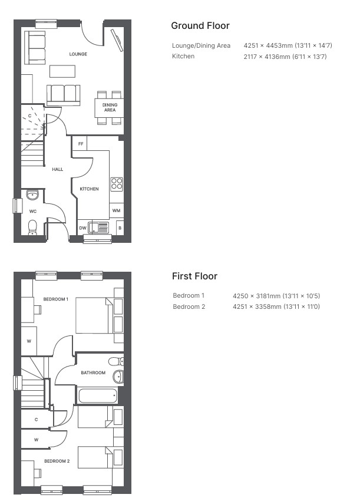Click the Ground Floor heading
[200, 25]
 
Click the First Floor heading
[194, 276]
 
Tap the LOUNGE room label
[78, 54]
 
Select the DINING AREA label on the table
[110, 107]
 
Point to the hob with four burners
[117, 184]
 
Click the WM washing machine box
[116, 210]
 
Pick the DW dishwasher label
[82, 228]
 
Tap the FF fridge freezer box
[80, 143]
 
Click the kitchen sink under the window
[98, 228]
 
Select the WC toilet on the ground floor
[32, 228]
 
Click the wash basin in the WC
[32, 195]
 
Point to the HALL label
[58, 169]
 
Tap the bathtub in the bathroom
[97, 395]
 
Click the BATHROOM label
[93, 373]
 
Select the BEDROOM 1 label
[56, 299]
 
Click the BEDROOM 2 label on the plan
[57, 461]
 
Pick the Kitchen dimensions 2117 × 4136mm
[285, 57]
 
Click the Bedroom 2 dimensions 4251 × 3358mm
[276, 306]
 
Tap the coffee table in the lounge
[62, 71]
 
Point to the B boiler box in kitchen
[120, 228]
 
